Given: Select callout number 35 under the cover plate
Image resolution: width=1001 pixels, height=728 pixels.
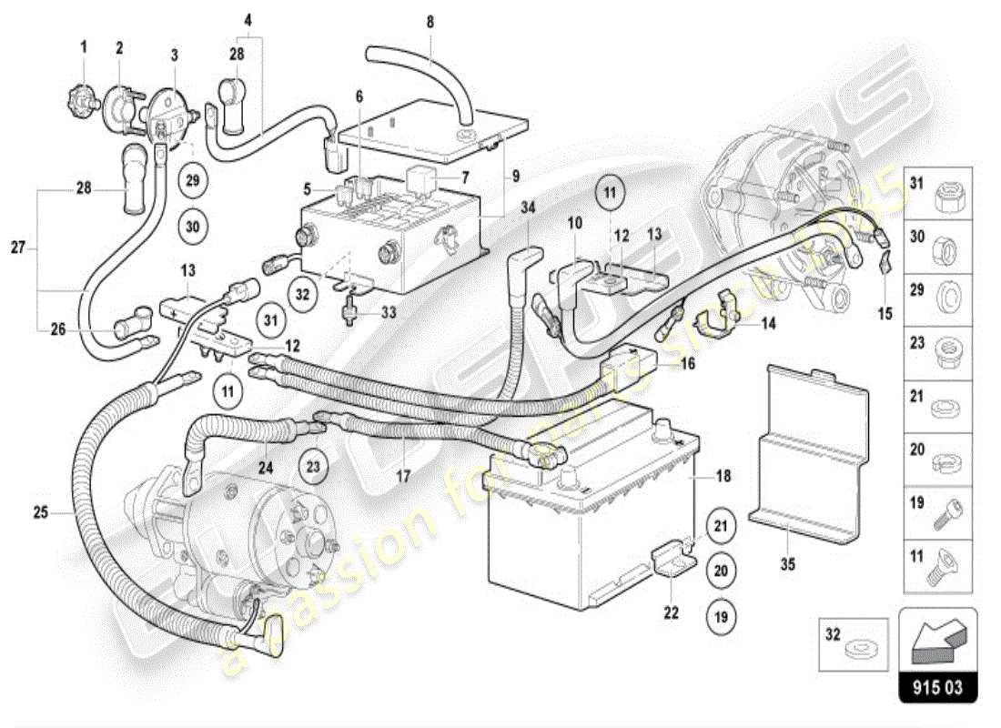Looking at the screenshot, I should pos(788,564).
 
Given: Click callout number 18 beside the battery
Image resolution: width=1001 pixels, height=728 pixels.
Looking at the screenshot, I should pos(723,476).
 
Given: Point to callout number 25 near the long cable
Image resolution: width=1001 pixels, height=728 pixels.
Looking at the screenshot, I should pos(41,512).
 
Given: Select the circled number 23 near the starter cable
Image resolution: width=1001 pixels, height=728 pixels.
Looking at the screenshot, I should pos(314,468).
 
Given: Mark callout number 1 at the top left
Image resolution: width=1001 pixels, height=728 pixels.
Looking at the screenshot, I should pos(84,46).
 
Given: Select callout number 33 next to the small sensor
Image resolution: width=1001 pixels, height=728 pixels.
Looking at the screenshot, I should pos(389,312).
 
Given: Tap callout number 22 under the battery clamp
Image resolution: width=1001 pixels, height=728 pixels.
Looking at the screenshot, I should pos(671,612).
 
